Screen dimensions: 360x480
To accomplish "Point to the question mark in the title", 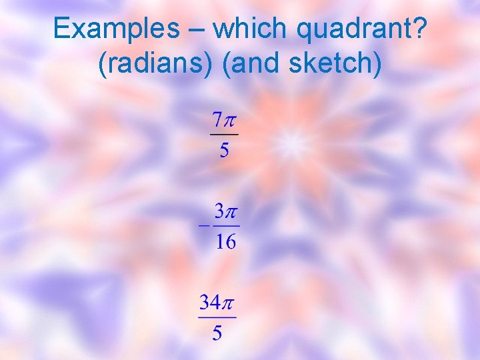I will click(421, 29).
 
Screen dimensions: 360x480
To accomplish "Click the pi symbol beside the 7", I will click(231, 123).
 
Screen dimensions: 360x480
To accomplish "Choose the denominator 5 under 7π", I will click(225, 151).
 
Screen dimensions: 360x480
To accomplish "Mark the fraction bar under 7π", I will click(225, 136).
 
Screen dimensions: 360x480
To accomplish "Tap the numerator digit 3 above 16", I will click(219, 212).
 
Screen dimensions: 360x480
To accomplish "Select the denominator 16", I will click(226, 241).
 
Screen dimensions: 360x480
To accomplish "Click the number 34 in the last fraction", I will click(211, 303).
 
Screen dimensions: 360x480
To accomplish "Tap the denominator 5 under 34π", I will click(217, 333).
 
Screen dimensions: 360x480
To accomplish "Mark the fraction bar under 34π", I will click(217, 318).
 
